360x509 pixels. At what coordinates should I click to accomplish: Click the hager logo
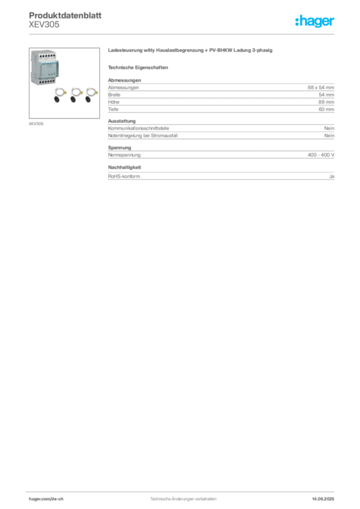point(315,21)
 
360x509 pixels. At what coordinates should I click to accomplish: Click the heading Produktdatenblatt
point(65,15)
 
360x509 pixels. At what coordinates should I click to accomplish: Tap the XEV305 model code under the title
point(44,25)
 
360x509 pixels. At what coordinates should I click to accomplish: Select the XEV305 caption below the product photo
point(36,124)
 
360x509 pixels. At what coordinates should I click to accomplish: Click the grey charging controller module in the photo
point(45,67)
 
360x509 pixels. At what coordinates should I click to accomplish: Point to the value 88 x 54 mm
point(321,87)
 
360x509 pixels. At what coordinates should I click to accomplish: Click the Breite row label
point(114,95)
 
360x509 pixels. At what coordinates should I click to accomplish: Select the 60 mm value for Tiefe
point(326,109)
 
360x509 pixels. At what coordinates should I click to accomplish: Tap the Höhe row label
point(113,102)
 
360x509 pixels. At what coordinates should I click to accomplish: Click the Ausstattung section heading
point(122,121)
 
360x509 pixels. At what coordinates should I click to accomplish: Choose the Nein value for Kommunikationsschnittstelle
point(329,128)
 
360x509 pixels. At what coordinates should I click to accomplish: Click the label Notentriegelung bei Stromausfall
point(143,136)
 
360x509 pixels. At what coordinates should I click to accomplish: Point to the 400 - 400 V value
point(321,155)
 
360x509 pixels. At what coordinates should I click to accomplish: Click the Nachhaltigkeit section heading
point(124,168)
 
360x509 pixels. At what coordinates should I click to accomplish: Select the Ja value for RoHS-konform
point(332,176)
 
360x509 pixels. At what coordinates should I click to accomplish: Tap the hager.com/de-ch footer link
point(46,499)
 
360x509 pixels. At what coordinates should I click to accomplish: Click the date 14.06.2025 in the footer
point(323,499)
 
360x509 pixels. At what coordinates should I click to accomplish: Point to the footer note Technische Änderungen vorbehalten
point(183,499)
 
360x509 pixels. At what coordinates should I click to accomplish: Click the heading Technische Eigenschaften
point(138,68)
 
